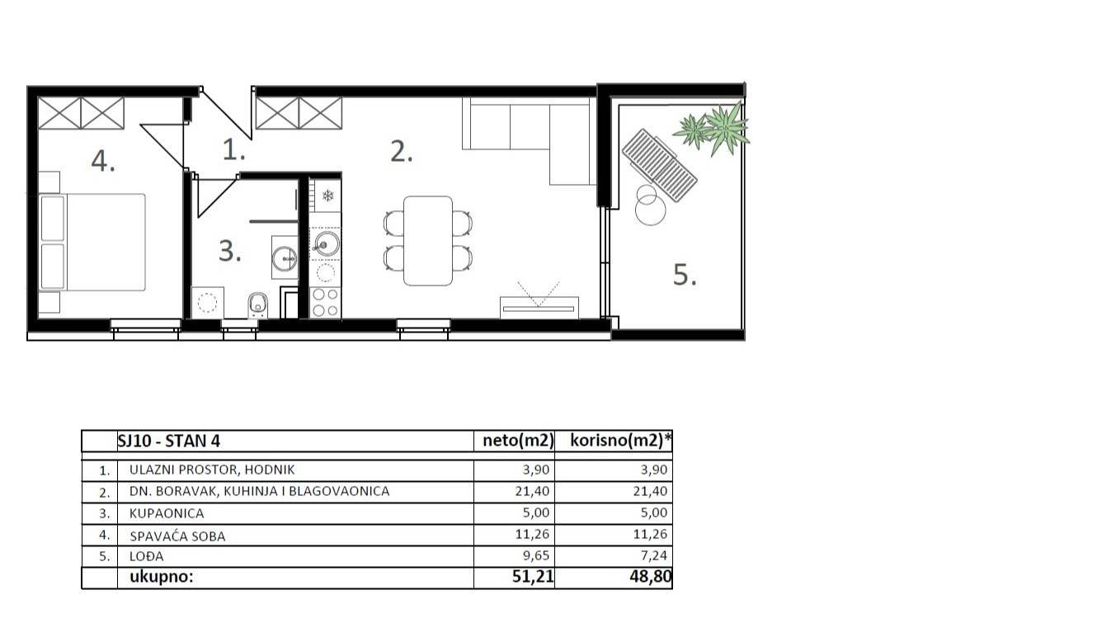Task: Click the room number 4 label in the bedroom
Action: click(102, 162)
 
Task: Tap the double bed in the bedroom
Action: click(92, 242)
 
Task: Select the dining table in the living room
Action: click(427, 240)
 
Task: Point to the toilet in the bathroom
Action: click(257, 305)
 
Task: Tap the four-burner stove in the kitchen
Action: click(325, 302)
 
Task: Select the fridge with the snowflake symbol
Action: click(327, 196)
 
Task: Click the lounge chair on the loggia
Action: click(659, 165)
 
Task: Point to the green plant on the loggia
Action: click(714, 128)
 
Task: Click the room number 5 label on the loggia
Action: click(685, 275)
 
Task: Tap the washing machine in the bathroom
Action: click(207, 302)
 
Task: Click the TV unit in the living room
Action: click(539, 307)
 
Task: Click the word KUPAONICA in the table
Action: click(166, 513)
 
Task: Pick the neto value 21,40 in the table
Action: click(534, 492)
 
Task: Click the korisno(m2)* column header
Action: click(620, 441)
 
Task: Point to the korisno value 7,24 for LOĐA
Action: click(652, 556)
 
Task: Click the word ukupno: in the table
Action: click(156, 578)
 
